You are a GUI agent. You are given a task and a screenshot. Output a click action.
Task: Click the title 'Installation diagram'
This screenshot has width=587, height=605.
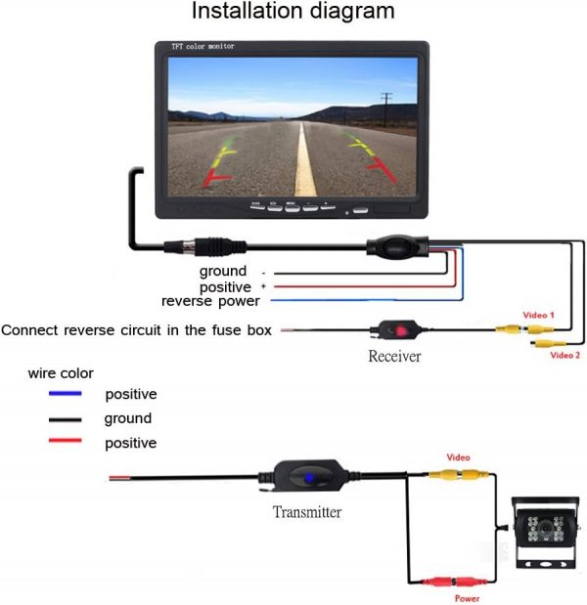tap(293, 13)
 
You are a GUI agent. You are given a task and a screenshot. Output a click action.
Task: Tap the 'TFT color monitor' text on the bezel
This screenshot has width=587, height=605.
tap(200, 47)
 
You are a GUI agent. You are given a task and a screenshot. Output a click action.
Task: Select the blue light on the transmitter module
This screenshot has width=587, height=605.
tap(307, 479)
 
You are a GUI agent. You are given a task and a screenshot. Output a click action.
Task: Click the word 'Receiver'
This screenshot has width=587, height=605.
tap(394, 357)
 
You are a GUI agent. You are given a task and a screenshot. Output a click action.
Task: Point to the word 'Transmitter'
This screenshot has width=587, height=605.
tap(307, 512)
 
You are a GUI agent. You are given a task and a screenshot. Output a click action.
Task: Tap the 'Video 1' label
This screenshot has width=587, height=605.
tap(539, 316)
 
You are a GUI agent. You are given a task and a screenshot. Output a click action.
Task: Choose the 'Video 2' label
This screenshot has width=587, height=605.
tap(565, 356)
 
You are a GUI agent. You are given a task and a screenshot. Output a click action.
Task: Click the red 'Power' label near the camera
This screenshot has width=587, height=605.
tap(467, 598)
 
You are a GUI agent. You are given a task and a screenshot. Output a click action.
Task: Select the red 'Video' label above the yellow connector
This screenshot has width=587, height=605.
tap(458, 457)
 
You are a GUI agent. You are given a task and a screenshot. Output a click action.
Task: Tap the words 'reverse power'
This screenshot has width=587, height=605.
tap(210, 301)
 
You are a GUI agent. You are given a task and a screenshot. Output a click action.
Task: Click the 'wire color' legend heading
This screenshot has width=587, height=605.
tap(61, 373)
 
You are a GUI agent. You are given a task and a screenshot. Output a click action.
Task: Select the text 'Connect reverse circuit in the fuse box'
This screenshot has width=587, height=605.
tap(136, 330)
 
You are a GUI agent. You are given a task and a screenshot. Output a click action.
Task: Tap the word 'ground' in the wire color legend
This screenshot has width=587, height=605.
tap(128, 419)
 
